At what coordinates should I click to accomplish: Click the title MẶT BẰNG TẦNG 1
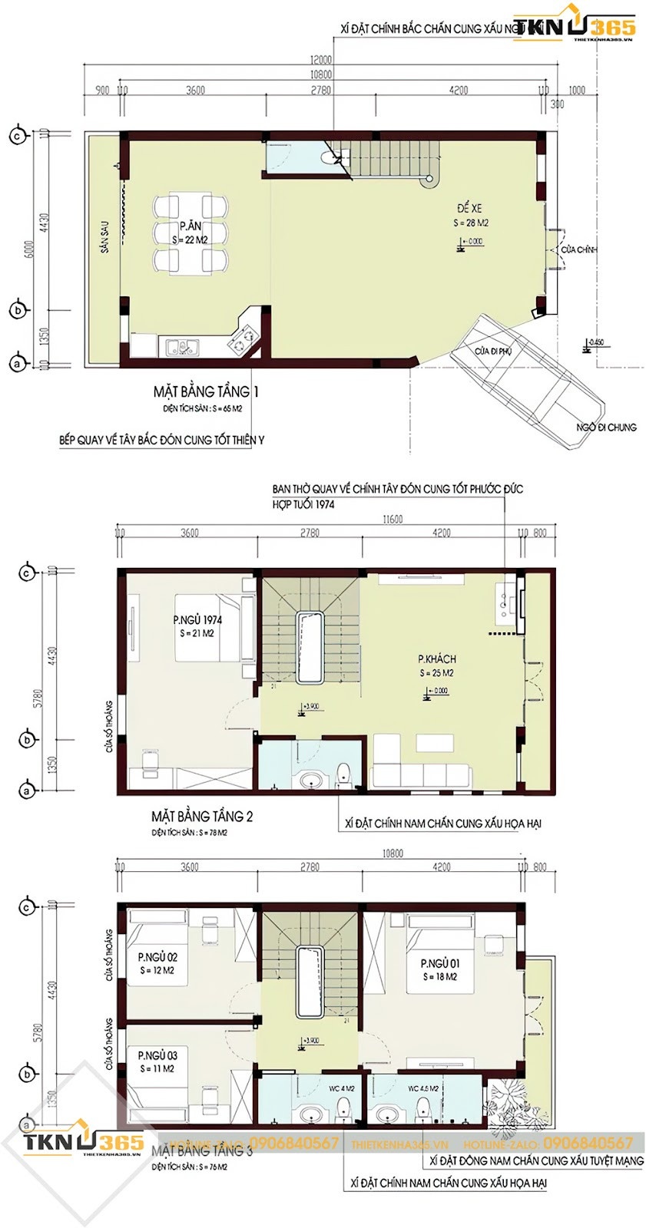click(x=205, y=392)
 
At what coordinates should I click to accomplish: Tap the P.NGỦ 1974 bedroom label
click(x=197, y=620)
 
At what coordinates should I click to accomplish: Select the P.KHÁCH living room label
click(x=437, y=659)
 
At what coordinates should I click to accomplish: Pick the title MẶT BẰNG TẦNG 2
click(x=202, y=815)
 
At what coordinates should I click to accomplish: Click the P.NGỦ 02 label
click(x=157, y=957)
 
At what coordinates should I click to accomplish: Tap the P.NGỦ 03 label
click(x=157, y=1056)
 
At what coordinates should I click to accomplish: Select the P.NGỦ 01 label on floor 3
click(x=440, y=963)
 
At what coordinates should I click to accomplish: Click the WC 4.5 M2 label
click(x=422, y=1088)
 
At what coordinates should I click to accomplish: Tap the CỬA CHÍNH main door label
click(x=578, y=250)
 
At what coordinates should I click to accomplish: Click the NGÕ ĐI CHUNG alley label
click(x=607, y=427)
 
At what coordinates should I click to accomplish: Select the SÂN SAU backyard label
click(x=104, y=236)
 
